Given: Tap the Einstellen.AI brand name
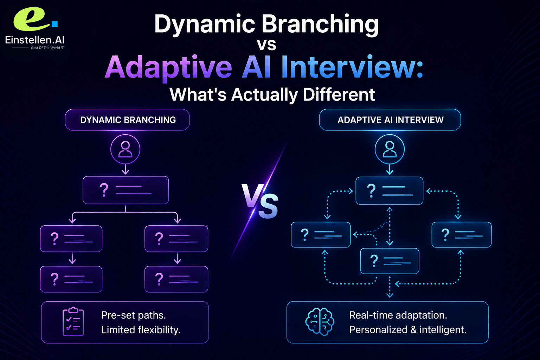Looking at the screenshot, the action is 35,40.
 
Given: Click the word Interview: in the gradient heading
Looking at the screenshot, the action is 352,67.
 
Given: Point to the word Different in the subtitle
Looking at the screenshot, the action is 339,94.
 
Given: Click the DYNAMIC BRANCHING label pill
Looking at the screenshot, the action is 127,120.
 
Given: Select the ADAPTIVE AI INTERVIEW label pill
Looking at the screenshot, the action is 390,120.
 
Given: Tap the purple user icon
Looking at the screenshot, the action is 126,149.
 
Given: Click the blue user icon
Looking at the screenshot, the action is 390,149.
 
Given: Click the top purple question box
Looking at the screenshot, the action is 126,190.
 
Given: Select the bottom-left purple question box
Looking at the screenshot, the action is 71,279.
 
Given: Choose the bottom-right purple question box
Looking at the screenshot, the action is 176,279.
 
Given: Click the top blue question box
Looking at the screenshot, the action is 390,191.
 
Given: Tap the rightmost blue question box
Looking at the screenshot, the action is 461,234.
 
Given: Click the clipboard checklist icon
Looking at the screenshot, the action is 73,321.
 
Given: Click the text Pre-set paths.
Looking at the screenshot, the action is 134,315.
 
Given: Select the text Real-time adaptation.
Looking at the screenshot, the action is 398,315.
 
